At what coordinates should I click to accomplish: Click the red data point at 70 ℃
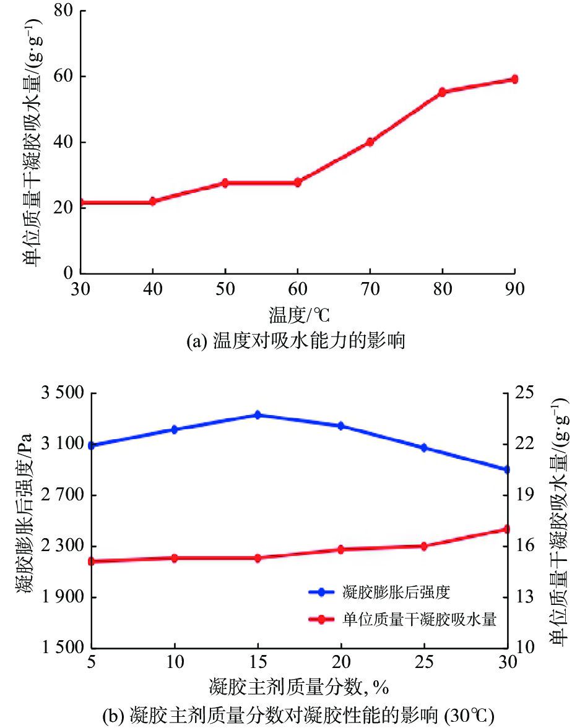pos(370,142)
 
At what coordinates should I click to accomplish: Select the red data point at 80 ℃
pos(442,92)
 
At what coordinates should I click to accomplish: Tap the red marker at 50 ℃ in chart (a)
pos(225,183)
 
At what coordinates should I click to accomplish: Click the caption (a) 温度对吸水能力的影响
pos(296,341)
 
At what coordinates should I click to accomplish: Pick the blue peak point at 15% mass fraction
pos(258,415)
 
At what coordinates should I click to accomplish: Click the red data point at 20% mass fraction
pos(340,549)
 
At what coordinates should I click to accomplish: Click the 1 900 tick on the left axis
pos(60,597)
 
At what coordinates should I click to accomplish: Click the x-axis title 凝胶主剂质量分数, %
pos(298,687)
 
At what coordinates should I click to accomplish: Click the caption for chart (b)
pos(298,716)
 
